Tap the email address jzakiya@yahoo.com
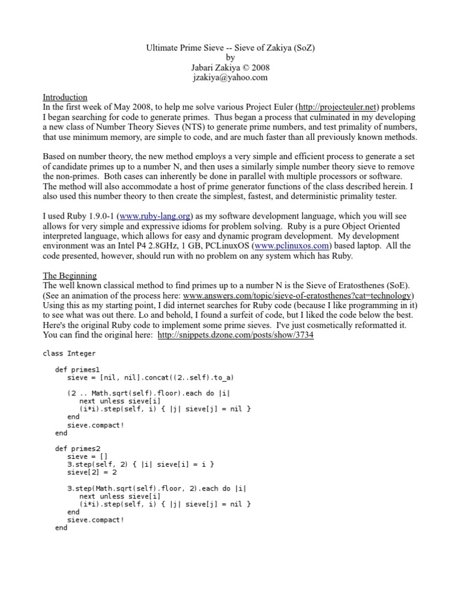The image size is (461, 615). point(230,77)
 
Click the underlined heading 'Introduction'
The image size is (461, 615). point(65,97)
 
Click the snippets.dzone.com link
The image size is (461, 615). point(235,335)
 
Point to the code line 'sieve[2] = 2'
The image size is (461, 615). point(92,472)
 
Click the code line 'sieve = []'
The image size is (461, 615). point(88,456)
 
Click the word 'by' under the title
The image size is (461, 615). point(230,58)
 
